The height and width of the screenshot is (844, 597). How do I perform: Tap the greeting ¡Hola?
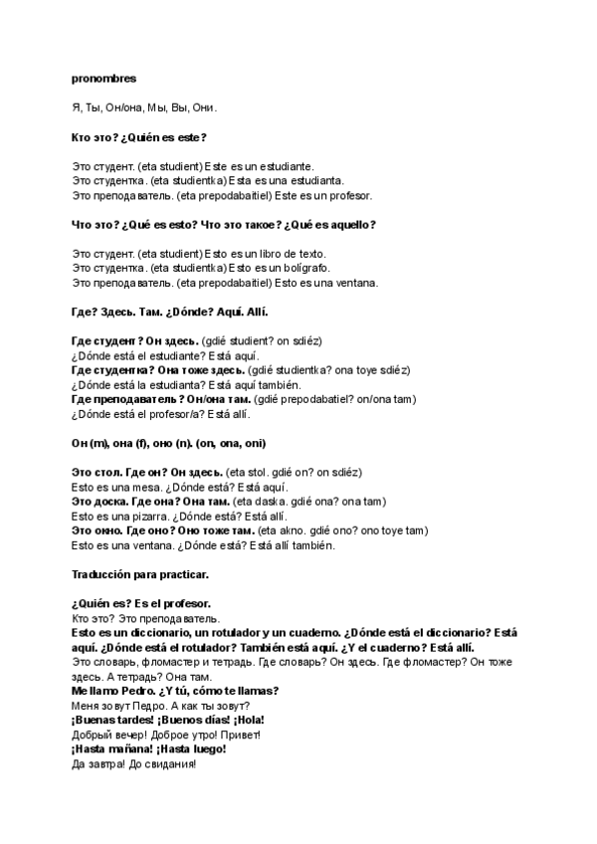pos(250,720)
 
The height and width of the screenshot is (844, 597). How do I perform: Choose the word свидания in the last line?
pos(170,763)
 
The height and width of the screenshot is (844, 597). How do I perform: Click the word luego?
pos(209,748)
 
